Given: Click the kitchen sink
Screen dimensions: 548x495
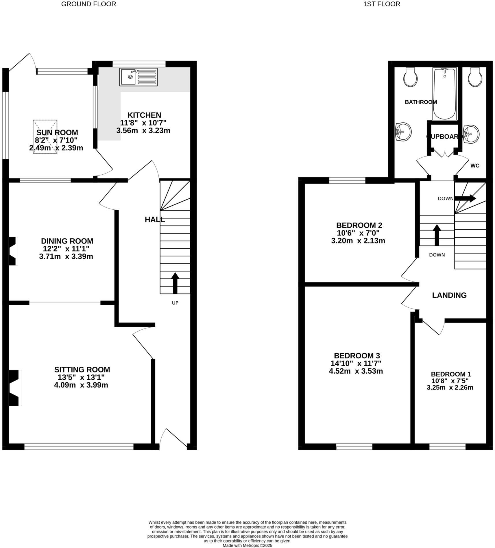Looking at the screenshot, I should tap(138, 77).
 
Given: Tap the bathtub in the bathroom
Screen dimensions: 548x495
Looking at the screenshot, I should tap(444, 94).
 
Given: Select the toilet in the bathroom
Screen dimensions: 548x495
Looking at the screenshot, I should tap(410, 77).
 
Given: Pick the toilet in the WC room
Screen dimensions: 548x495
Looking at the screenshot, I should tap(475, 77).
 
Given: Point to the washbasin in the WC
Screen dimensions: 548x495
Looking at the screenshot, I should tap(471, 134).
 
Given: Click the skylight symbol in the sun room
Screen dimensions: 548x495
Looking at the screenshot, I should tap(45, 136).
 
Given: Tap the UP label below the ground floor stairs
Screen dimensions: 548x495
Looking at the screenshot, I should tap(175, 303).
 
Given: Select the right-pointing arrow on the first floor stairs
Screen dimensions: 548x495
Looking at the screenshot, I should tap(465, 198).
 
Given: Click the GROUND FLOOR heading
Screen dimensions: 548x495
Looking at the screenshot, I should tap(88, 4).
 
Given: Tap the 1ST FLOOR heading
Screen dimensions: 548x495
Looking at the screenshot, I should tap(382, 4).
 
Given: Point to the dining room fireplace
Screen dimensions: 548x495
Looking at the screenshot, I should tap(13, 251).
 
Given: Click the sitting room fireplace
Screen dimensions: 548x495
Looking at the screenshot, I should tap(14, 388).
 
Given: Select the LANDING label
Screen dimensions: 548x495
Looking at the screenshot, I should tap(449, 295).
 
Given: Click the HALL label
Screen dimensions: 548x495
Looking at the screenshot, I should tap(155, 219).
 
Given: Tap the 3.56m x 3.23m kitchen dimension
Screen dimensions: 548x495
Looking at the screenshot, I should tap(143, 130).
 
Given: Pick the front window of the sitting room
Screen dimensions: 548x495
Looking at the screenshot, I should tap(79, 447).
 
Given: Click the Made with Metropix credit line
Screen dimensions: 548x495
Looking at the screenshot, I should tap(247, 545).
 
